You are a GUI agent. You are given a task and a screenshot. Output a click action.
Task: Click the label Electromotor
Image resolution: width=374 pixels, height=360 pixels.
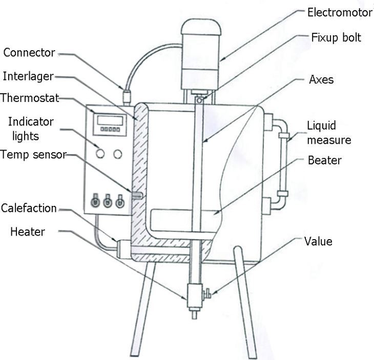tap(339, 12)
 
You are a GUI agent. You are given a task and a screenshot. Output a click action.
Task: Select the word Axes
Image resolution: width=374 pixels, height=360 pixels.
tap(321, 80)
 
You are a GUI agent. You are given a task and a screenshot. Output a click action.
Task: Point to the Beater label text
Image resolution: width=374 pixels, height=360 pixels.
tap(324, 160)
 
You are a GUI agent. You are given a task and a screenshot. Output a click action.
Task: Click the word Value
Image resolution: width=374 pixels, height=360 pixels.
tap(318, 241)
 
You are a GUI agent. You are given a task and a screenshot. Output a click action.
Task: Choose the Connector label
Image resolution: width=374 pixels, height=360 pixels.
tap(29, 52)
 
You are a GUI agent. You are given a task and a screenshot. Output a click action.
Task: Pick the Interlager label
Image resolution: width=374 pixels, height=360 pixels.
tap(28, 76)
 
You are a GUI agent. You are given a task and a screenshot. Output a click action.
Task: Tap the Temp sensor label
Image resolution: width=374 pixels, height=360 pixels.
tap(33, 154)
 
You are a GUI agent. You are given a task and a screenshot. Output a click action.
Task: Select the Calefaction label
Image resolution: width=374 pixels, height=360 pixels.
tap(29, 208)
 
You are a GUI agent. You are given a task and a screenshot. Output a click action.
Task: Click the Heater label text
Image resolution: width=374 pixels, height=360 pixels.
tap(27, 231)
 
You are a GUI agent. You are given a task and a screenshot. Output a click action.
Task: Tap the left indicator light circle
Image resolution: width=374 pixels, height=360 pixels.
tap(100, 153)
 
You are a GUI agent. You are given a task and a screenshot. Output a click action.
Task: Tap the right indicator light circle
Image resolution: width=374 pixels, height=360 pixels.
tap(119, 153)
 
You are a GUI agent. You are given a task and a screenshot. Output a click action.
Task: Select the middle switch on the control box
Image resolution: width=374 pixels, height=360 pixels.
tap(108, 202)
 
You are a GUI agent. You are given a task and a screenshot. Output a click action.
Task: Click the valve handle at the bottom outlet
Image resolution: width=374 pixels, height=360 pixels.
tap(208, 294)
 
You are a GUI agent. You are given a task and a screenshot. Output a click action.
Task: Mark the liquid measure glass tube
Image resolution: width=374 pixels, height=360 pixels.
tap(281, 164)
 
